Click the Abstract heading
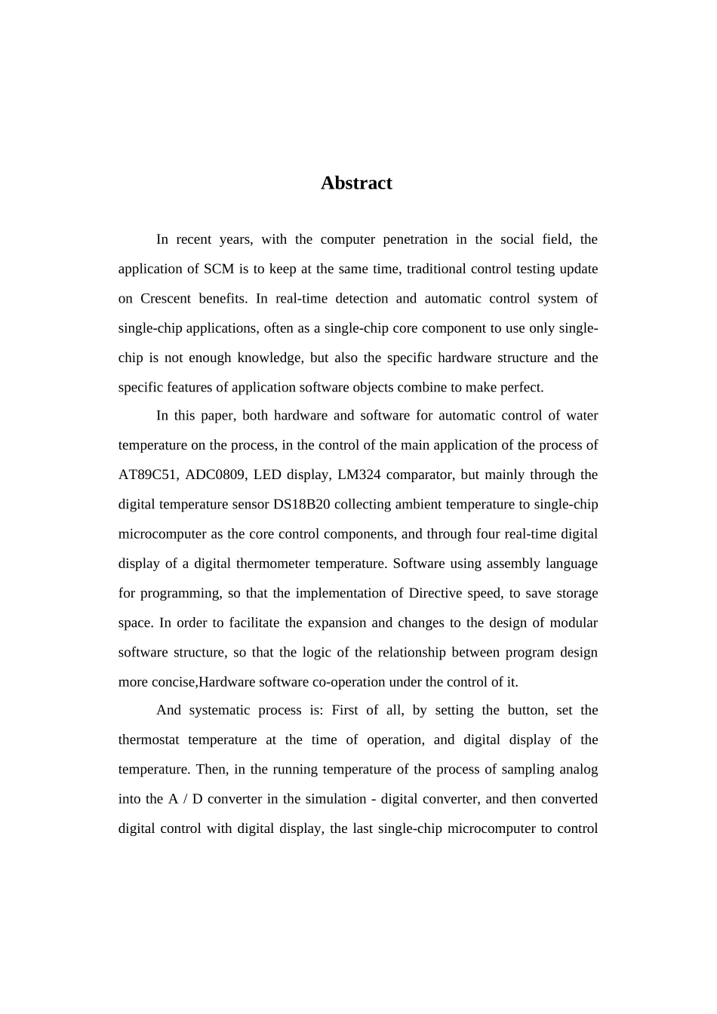[x=356, y=183]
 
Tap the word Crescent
[x=165, y=299]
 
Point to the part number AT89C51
[x=148, y=475]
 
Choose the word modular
[x=572, y=623]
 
